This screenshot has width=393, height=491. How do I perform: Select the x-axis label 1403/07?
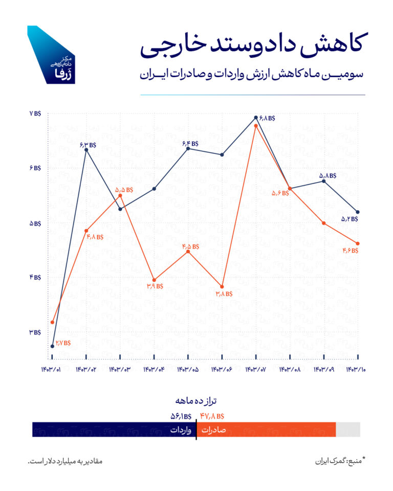pyautogui.click(x=256, y=369)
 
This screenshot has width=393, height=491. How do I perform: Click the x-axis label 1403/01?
pyautogui.click(x=52, y=369)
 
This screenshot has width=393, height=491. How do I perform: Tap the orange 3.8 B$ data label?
pyautogui.click(x=224, y=294)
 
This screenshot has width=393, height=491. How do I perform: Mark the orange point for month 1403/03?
pyautogui.click(x=120, y=196)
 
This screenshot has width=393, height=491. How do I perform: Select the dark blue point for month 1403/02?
pyautogui.click(x=86, y=149)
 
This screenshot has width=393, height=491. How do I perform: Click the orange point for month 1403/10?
pyautogui.click(x=358, y=243)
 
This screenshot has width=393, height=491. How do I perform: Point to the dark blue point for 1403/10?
pyautogui.click(x=358, y=212)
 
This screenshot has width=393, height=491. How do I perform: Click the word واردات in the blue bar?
pyautogui.click(x=181, y=430)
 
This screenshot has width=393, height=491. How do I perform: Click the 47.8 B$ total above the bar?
pyautogui.click(x=212, y=416)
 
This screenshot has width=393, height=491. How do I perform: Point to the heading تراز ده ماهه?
pyautogui.click(x=196, y=400)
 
